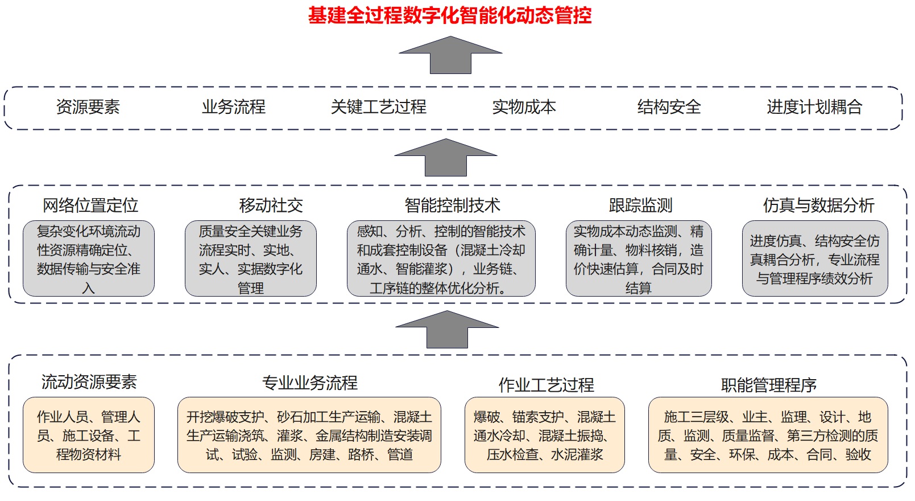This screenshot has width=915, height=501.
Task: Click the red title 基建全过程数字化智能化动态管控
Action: click(450, 16)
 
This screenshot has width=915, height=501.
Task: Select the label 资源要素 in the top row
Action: click(88, 107)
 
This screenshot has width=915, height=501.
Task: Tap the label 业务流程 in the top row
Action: click(234, 107)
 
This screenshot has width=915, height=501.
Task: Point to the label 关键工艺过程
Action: click(379, 107)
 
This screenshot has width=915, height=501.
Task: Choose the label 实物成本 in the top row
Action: click(524, 107)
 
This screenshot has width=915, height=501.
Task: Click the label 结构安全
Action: click(669, 107)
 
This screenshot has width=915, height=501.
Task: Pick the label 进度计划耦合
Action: click(814, 107)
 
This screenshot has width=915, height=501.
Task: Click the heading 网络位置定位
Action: click(90, 206)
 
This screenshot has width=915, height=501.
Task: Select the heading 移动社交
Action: click(271, 206)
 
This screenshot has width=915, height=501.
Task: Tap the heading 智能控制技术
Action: click(453, 206)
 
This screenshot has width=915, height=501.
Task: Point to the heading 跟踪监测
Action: click(640, 206)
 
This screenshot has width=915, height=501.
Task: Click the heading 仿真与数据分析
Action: click(819, 206)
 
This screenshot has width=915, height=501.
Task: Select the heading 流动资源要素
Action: click(89, 382)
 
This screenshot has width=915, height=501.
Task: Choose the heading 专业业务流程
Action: click(310, 383)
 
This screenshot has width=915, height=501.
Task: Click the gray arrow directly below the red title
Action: click(450, 55)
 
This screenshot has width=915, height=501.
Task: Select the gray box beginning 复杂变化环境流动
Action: click(89, 258)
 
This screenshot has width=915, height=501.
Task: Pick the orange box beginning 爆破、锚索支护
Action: click(544, 435)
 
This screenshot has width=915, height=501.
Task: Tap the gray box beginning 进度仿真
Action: click(815, 258)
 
